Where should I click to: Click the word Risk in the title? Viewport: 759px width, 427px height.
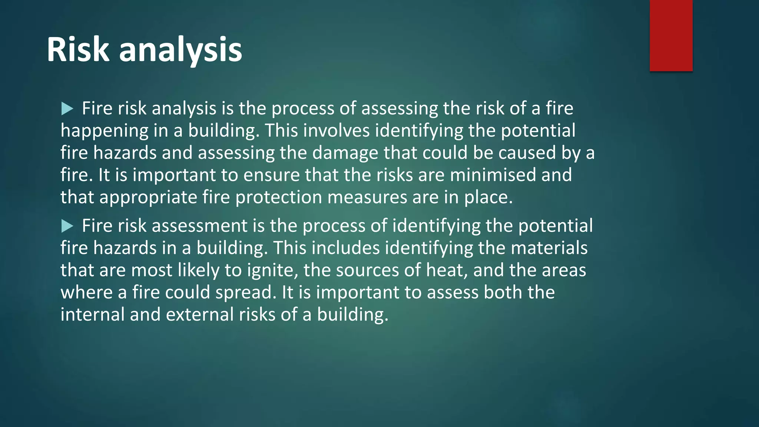pos(78,50)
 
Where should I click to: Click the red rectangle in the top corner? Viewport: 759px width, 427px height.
pos(671,36)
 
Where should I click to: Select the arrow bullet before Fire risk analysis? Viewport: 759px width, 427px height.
pos(67,109)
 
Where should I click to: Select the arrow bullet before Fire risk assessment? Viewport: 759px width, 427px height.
pos(67,226)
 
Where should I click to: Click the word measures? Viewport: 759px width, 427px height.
pos(367,197)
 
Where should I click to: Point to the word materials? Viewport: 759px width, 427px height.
pos(549,248)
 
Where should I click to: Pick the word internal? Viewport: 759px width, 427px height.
pos(92,314)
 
